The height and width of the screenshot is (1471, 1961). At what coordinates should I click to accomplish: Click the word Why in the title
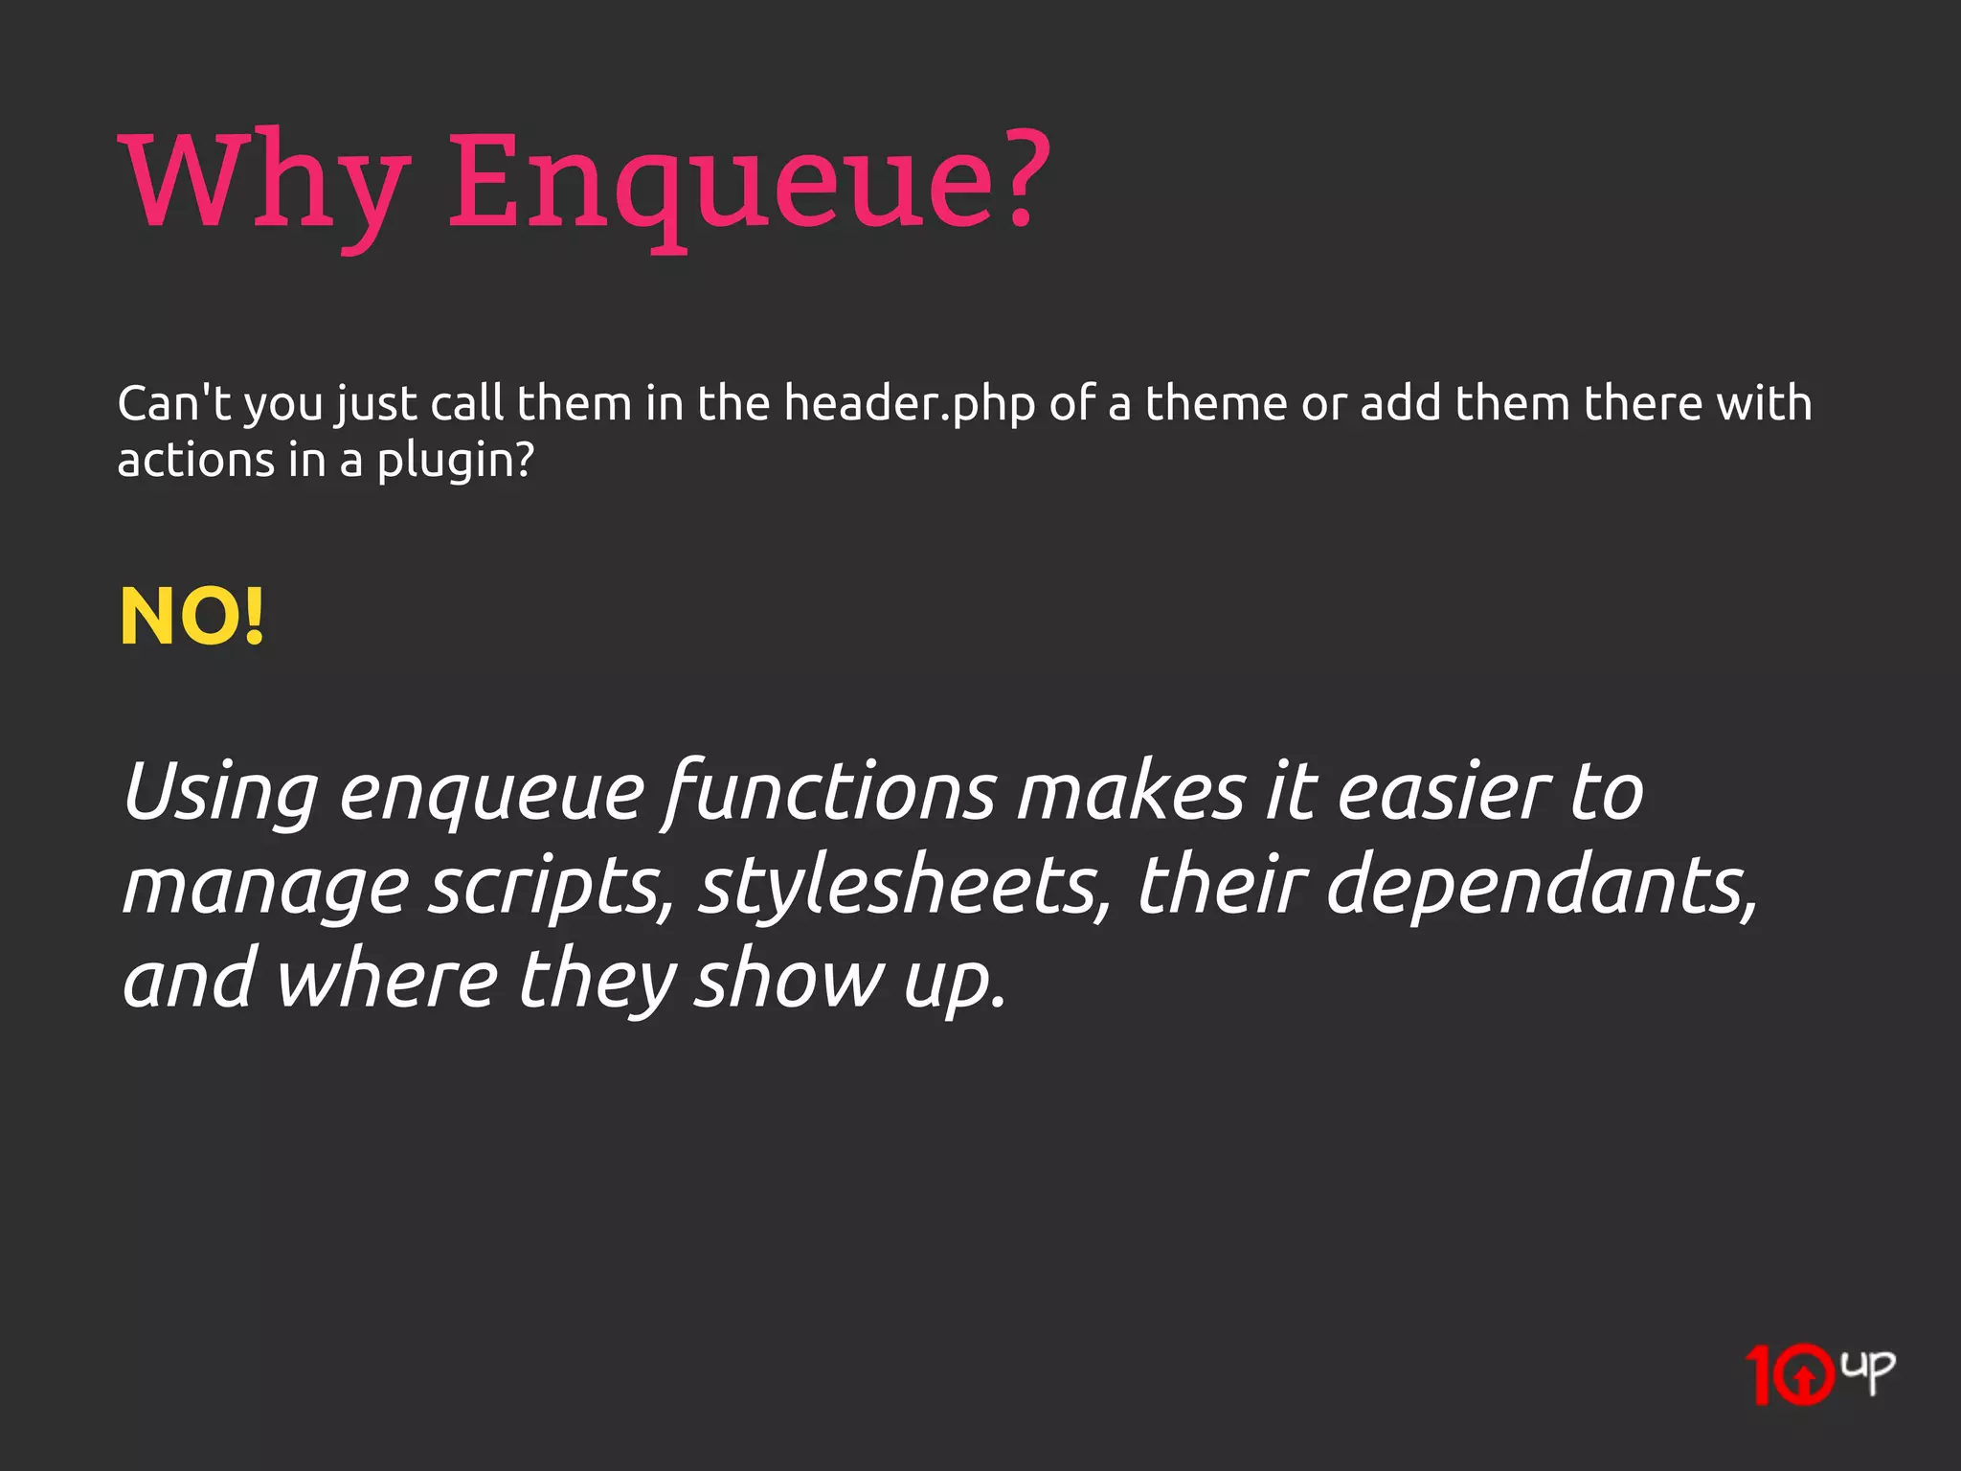coord(263,182)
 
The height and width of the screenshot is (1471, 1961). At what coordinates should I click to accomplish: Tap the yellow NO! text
coord(192,618)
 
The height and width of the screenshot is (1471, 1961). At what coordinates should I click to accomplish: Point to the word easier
coord(1443,793)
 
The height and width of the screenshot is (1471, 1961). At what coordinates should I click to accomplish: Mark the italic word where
coord(388,979)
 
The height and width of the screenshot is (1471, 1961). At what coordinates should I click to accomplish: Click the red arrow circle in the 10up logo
coord(1804,1377)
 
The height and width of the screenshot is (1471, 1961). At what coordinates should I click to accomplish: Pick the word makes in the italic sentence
coord(1132,793)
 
